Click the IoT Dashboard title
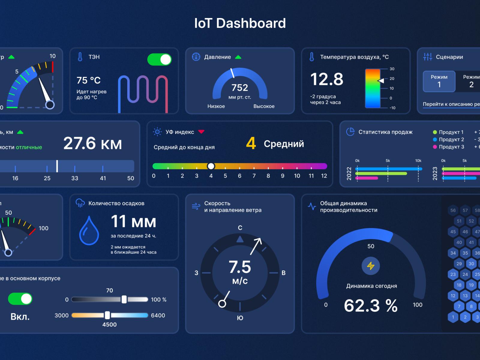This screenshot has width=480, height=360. click(240, 23)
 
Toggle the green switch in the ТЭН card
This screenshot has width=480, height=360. click(159, 59)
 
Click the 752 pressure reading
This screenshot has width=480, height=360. click(240, 88)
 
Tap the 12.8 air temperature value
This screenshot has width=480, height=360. click(327, 79)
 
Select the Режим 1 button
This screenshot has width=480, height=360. click(439, 81)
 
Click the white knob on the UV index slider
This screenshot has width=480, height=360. click(211, 166)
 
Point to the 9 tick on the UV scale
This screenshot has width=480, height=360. click(283, 176)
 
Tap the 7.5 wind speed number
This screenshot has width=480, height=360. click(240, 267)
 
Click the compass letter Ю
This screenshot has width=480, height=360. click(240, 318)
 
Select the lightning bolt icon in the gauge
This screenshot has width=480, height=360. click(371, 266)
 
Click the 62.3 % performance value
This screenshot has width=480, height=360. click(371, 305)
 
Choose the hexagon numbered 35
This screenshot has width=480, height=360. click(465, 253)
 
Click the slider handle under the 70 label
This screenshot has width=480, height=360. click(124, 299)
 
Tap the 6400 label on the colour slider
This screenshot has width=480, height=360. click(158, 315)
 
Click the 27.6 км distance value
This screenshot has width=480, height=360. click(92, 143)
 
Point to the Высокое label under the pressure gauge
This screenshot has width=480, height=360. click(264, 106)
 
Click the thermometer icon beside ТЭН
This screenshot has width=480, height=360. click(80, 57)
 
